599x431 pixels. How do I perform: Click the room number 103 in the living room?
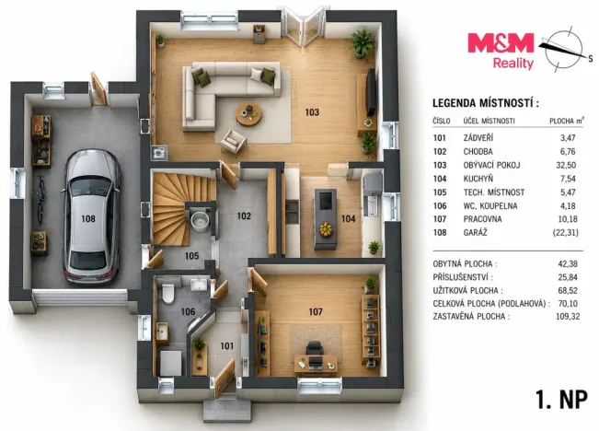(312, 112)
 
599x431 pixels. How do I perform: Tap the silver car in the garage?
(91, 217)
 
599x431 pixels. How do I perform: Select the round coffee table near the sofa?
(248, 114)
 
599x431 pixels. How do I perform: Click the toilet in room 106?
(168, 293)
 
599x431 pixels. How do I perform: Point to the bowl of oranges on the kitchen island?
(326, 229)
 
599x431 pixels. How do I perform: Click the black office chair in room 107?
(315, 349)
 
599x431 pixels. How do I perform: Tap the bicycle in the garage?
(40, 199)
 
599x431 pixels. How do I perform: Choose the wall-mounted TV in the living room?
(371, 92)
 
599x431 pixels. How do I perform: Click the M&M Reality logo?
(501, 51)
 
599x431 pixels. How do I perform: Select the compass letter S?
(590, 59)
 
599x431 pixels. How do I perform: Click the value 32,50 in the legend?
(566, 165)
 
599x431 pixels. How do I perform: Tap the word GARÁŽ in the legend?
(475, 232)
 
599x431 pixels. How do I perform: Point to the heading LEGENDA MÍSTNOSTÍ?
(486, 103)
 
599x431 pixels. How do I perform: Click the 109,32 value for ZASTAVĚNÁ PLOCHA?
(568, 316)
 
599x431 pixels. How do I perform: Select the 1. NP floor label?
(561, 401)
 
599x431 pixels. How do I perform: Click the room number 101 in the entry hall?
(227, 346)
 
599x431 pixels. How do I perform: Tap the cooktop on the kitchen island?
(325, 200)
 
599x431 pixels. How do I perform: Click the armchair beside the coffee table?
(233, 141)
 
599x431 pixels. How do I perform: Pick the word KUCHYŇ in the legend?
(473, 179)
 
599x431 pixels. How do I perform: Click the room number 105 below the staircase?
(191, 256)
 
